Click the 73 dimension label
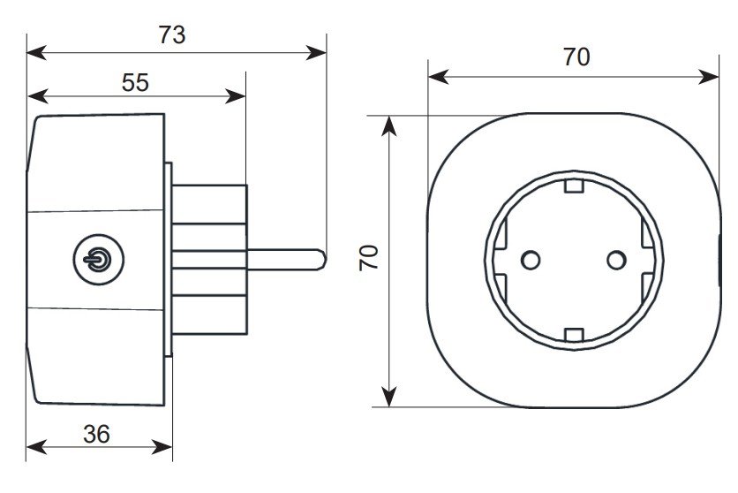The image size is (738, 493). pyautogui.click(x=172, y=34)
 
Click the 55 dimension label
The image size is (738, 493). pyautogui.click(x=135, y=82)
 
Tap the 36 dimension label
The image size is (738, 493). pyautogui.click(x=96, y=434)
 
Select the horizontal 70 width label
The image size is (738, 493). pyautogui.click(x=576, y=57)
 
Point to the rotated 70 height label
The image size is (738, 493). pyautogui.click(x=369, y=258)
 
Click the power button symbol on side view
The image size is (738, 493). pyautogui.click(x=99, y=260)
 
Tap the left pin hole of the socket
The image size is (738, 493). pyautogui.click(x=531, y=260)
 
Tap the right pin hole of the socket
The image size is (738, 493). pyautogui.click(x=616, y=260)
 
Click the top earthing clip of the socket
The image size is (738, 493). pyautogui.click(x=574, y=186)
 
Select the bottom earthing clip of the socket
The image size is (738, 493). pyautogui.click(x=574, y=334)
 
